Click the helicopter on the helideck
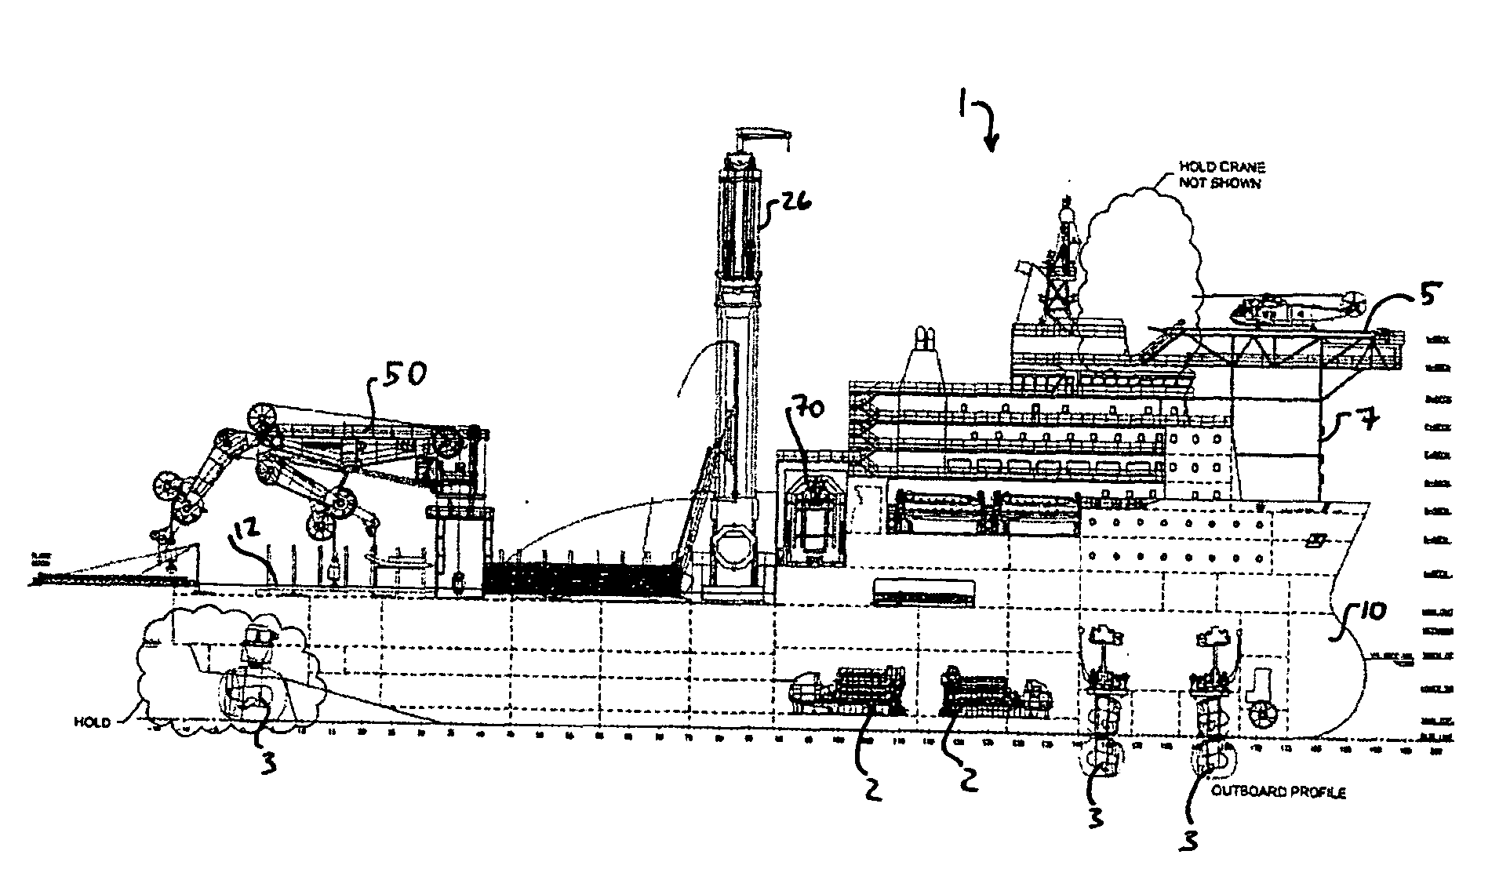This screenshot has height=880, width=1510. [1294, 307]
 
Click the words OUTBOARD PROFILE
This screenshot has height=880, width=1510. [1279, 792]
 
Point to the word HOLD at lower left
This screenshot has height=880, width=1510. [92, 721]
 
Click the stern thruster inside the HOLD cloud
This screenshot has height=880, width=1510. [247, 690]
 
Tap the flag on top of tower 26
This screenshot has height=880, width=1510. [762, 138]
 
